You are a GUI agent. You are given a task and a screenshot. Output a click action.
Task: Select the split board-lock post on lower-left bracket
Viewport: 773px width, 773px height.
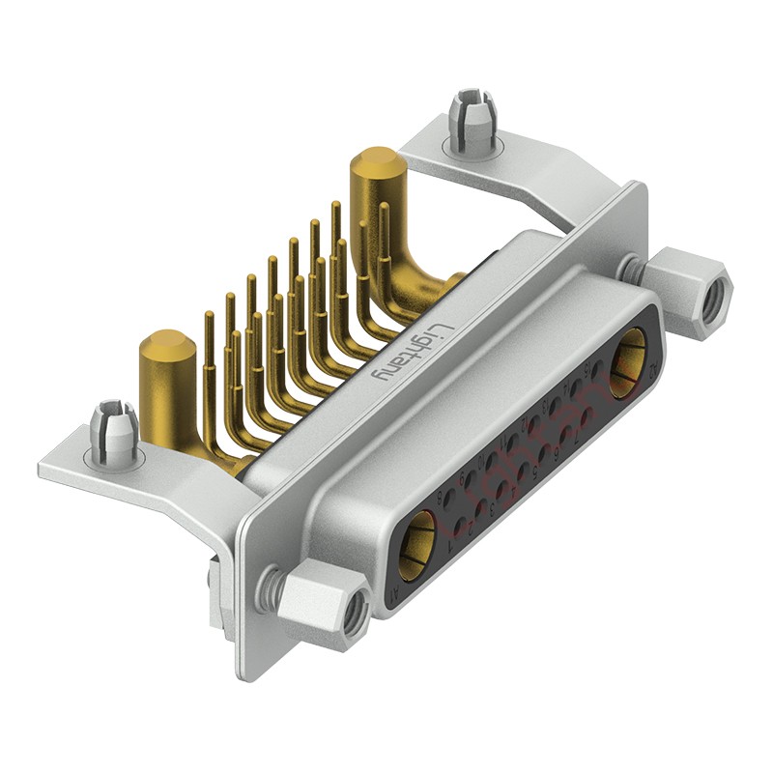(114, 429)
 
